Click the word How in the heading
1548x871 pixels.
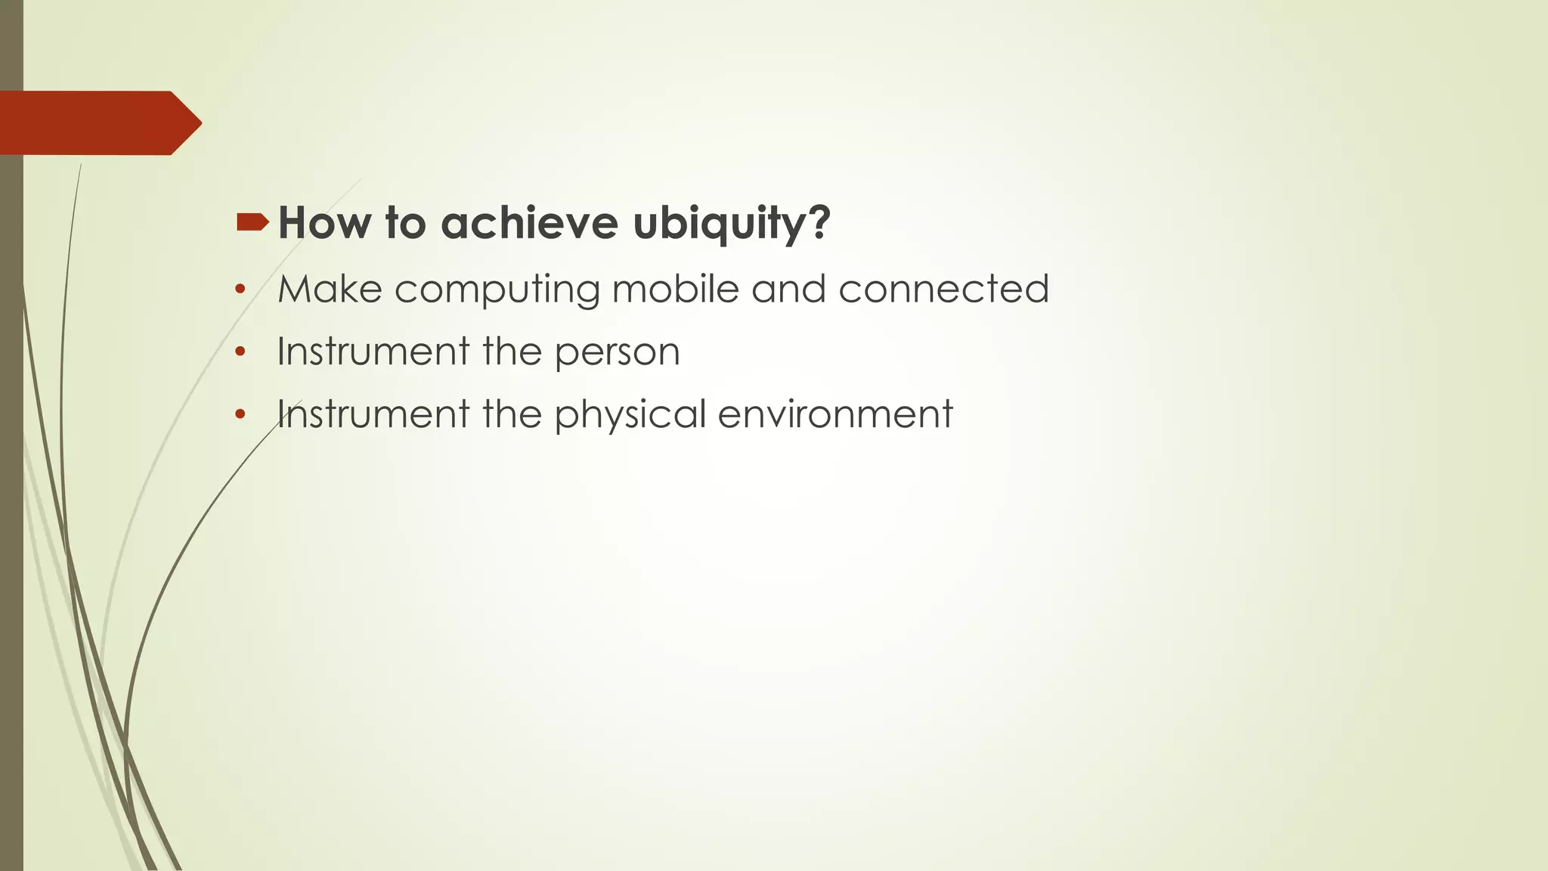point(324,223)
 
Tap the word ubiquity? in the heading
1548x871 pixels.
point(731,225)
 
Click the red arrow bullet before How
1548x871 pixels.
point(252,222)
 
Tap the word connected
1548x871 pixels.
point(943,289)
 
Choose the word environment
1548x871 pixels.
point(834,414)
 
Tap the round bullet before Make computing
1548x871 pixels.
point(240,289)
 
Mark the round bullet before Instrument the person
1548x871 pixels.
point(240,352)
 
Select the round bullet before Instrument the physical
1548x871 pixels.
point(240,414)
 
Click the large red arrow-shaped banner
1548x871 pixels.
point(94,123)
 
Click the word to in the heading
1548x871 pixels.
point(405,223)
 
